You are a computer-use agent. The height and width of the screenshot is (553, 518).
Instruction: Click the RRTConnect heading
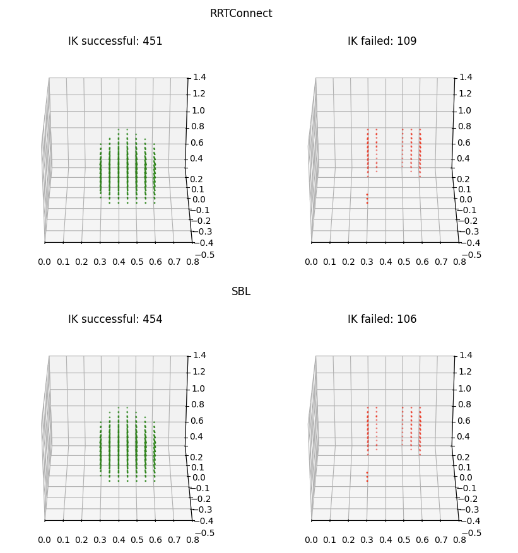[x=241, y=14]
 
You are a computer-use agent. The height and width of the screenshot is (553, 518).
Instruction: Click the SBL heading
[x=241, y=292]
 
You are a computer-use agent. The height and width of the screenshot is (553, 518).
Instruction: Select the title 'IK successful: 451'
[x=115, y=42]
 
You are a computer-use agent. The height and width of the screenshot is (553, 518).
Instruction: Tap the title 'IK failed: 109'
[x=382, y=42]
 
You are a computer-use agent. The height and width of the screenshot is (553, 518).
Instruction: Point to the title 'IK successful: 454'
[x=115, y=320]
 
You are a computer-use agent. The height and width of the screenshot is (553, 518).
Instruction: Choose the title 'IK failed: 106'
[x=382, y=320]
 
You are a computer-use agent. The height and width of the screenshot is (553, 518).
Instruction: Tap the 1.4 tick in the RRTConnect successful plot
[x=199, y=77]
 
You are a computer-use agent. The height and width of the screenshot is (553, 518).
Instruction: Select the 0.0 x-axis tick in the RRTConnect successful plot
[x=45, y=262]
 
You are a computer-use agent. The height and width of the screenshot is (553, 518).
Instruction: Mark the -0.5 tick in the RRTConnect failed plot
[x=471, y=255]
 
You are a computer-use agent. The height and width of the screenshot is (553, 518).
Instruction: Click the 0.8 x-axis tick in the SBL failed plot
[x=459, y=540]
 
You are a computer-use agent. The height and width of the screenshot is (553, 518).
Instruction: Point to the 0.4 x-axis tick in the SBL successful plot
[x=119, y=540]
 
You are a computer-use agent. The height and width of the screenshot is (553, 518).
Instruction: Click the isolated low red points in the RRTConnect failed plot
[x=367, y=199]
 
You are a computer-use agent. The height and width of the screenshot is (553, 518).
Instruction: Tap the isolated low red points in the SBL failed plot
[x=367, y=477]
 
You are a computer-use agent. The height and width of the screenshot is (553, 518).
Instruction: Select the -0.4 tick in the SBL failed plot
[x=468, y=521]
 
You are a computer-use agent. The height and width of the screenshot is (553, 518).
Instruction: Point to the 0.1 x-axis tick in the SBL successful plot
[x=63, y=540]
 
